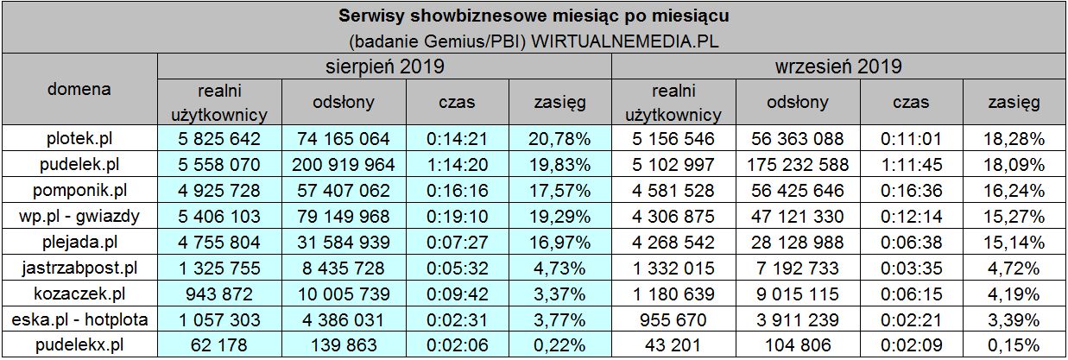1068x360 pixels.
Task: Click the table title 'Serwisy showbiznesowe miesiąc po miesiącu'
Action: tap(533, 16)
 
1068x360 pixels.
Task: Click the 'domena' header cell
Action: tap(79, 89)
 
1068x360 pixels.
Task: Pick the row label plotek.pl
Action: tap(79, 138)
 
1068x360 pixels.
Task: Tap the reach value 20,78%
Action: tap(559, 138)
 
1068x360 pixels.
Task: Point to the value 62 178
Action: tap(220, 344)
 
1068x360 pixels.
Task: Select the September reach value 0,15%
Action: tap(1015, 344)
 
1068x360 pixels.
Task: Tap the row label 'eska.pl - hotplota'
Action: tap(79, 320)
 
